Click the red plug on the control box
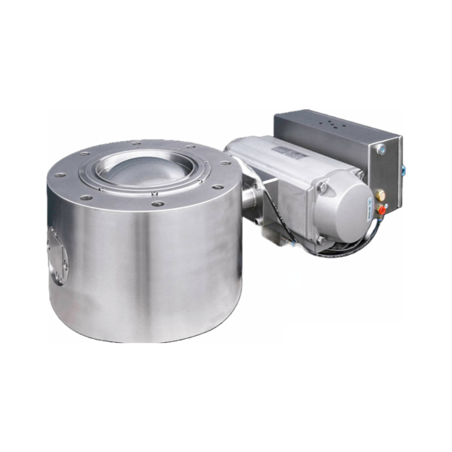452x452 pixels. point(381,207)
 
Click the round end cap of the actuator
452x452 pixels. point(341,206)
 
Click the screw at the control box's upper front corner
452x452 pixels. point(381,149)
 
